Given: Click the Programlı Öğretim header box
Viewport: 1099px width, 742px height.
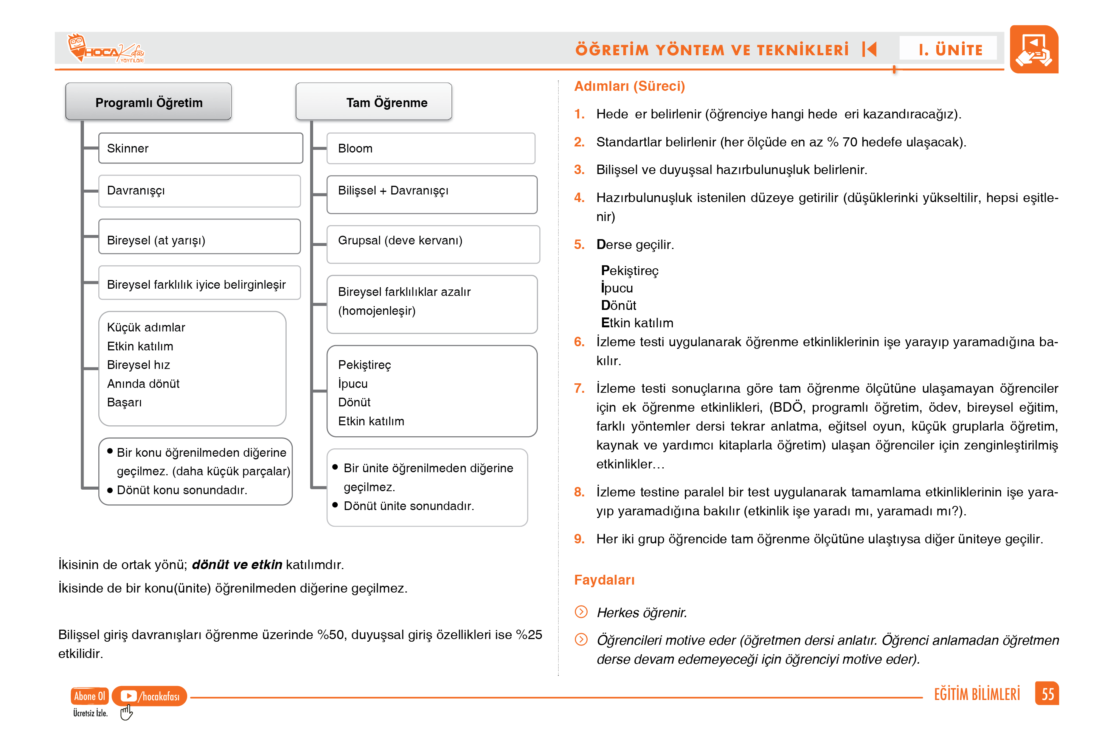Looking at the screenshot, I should [x=149, y=102].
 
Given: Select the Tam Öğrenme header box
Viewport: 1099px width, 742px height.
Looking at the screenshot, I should [x=374, y=102].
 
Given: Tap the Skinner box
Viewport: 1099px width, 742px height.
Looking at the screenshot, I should [x=200, y=148].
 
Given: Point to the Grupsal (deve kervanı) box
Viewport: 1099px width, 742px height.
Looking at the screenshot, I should [x=433, y=244].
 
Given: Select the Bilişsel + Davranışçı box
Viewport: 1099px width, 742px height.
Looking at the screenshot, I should [x=432, y=194].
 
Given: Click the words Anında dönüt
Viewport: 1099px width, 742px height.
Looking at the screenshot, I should [x=143, y=384].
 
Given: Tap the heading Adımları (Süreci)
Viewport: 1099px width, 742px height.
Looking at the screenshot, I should [x=629, y=86].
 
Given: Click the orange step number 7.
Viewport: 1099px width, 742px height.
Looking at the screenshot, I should [x=579, y=389].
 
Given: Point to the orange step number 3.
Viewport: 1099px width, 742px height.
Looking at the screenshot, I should [x=579, y=170].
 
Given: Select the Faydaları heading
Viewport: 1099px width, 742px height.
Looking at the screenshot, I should [x=604, y=580].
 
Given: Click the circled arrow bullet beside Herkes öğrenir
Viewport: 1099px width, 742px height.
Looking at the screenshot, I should [x=581, y=612].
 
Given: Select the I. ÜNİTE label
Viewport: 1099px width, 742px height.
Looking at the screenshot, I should [x=950, y=49].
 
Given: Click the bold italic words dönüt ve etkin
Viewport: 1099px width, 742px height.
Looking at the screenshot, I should [x=237, y=565].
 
